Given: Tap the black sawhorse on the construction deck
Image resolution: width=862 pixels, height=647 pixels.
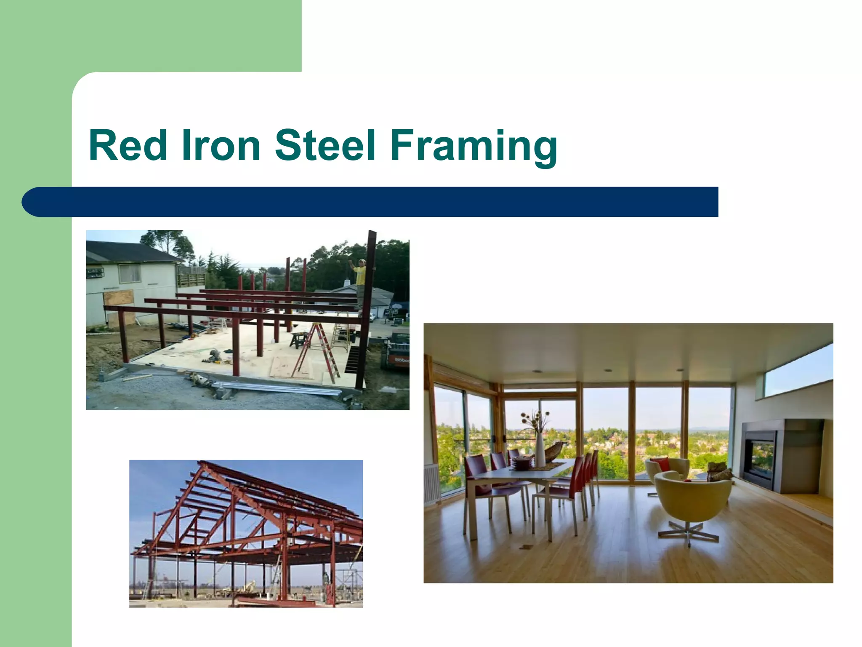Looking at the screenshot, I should [299, 339].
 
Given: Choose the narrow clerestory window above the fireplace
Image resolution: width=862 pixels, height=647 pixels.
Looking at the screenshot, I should [798, 369].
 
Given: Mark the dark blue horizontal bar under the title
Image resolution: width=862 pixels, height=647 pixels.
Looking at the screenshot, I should [370, 202].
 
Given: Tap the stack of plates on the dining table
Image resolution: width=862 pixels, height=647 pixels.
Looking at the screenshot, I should [521, 463].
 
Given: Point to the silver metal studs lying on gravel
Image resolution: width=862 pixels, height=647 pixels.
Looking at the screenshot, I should [278, 388].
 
